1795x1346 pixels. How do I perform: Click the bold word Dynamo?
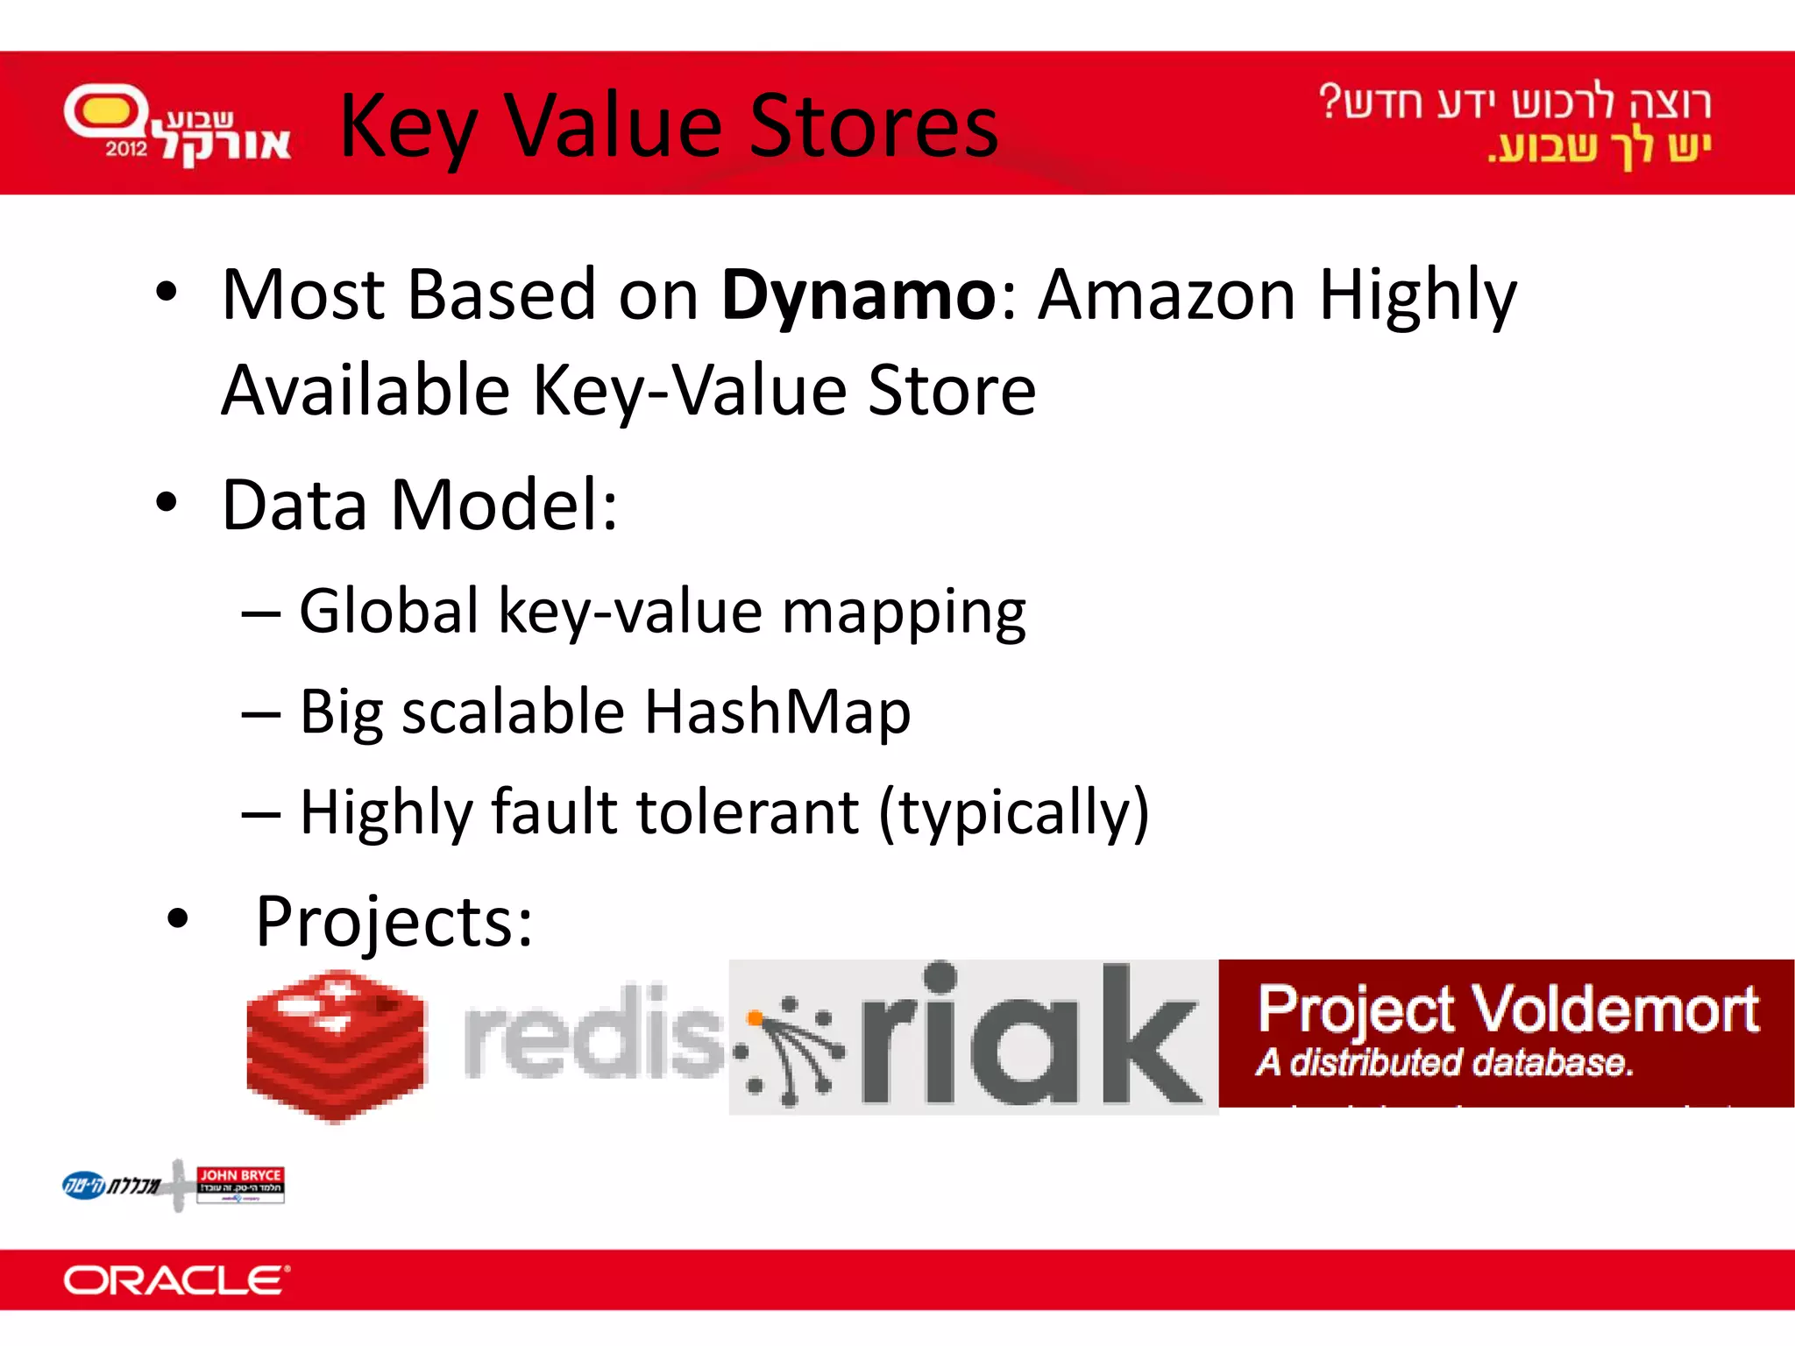[857, 296]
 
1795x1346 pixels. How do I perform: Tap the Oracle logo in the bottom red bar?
[175, 1281]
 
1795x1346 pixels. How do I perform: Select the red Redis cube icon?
[336, 1045]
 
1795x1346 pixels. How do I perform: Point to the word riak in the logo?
[1031, 1038]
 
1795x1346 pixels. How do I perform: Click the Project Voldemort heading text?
[1508, 1009]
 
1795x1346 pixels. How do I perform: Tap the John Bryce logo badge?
[240, 1183]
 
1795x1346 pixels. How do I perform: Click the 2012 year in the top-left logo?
[125, 149]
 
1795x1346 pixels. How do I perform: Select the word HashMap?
[777, 712]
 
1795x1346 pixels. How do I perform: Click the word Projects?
[394, 922]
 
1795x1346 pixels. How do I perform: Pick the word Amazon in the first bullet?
[1167, 296]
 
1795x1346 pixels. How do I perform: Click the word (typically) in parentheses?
[1013, 812]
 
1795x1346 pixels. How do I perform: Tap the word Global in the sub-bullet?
[389, 611]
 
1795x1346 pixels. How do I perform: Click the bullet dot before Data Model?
[167, 503]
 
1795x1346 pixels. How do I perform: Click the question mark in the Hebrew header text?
[1330, 102]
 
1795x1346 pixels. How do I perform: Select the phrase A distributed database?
[1444, 1063]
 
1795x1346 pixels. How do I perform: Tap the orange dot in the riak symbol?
[754, 1018]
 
